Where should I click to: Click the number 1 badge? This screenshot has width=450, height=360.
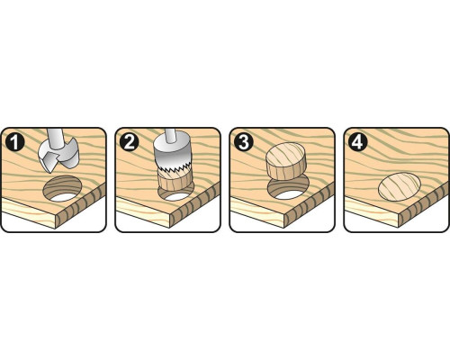14,141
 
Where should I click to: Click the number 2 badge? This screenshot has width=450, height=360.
129,141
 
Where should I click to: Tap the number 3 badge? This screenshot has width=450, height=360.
243,141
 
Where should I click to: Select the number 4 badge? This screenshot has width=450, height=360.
357,141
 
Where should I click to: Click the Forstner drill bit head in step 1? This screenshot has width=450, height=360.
58,156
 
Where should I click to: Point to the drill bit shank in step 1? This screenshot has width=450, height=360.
56,138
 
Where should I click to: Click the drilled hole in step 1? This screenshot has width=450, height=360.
62,189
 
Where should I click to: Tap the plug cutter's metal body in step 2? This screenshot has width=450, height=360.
171,156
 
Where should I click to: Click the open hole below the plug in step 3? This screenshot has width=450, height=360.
288,190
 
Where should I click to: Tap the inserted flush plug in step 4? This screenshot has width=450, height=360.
400,187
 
